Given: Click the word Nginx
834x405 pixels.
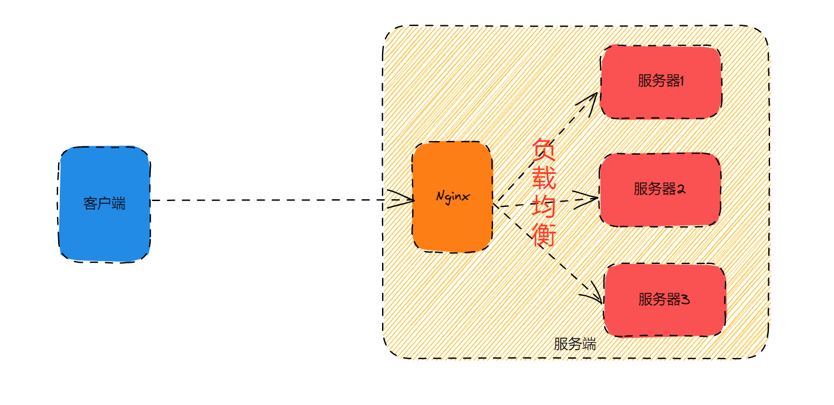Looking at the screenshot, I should (x=453, y=197).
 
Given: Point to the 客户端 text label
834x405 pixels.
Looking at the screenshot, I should (x=104, y=204).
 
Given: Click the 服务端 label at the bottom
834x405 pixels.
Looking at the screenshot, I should (x=575, y=344).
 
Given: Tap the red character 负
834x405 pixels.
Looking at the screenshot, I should (x=544, y=151).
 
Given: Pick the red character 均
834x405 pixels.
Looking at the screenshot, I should (x=544, y=207).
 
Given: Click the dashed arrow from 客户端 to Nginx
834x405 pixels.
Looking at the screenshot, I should (x=264, y=200).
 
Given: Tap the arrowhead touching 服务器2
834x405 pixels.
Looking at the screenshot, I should (x=590, y=199).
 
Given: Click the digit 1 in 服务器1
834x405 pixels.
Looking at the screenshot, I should (x=682, y=81).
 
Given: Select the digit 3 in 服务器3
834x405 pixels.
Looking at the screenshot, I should (x=685, y=300).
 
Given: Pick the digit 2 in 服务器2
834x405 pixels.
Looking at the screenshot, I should (x=681, y=189).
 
